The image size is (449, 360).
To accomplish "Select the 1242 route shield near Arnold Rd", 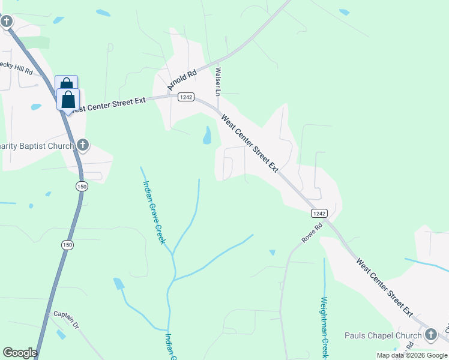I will [x=185, y=97].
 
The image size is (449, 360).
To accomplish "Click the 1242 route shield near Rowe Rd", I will [x=319, y=213].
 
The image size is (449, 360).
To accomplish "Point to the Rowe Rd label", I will [x=313, y=233].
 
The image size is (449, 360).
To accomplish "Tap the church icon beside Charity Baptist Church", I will [x=83, y=145].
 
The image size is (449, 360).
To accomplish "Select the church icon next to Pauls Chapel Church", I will [x=430, y=335].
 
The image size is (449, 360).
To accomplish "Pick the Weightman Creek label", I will [x=324, y=327].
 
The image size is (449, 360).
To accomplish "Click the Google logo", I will [x=20, y=353].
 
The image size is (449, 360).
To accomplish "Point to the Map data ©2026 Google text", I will [x=411, y=355].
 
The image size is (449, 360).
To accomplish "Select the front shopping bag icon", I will [x=68, y=99].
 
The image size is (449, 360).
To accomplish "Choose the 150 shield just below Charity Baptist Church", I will [x=82, y=187].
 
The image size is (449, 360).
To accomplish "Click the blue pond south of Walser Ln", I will [x=207, y=135].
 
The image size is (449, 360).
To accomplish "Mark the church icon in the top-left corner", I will [x=7, y=22].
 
